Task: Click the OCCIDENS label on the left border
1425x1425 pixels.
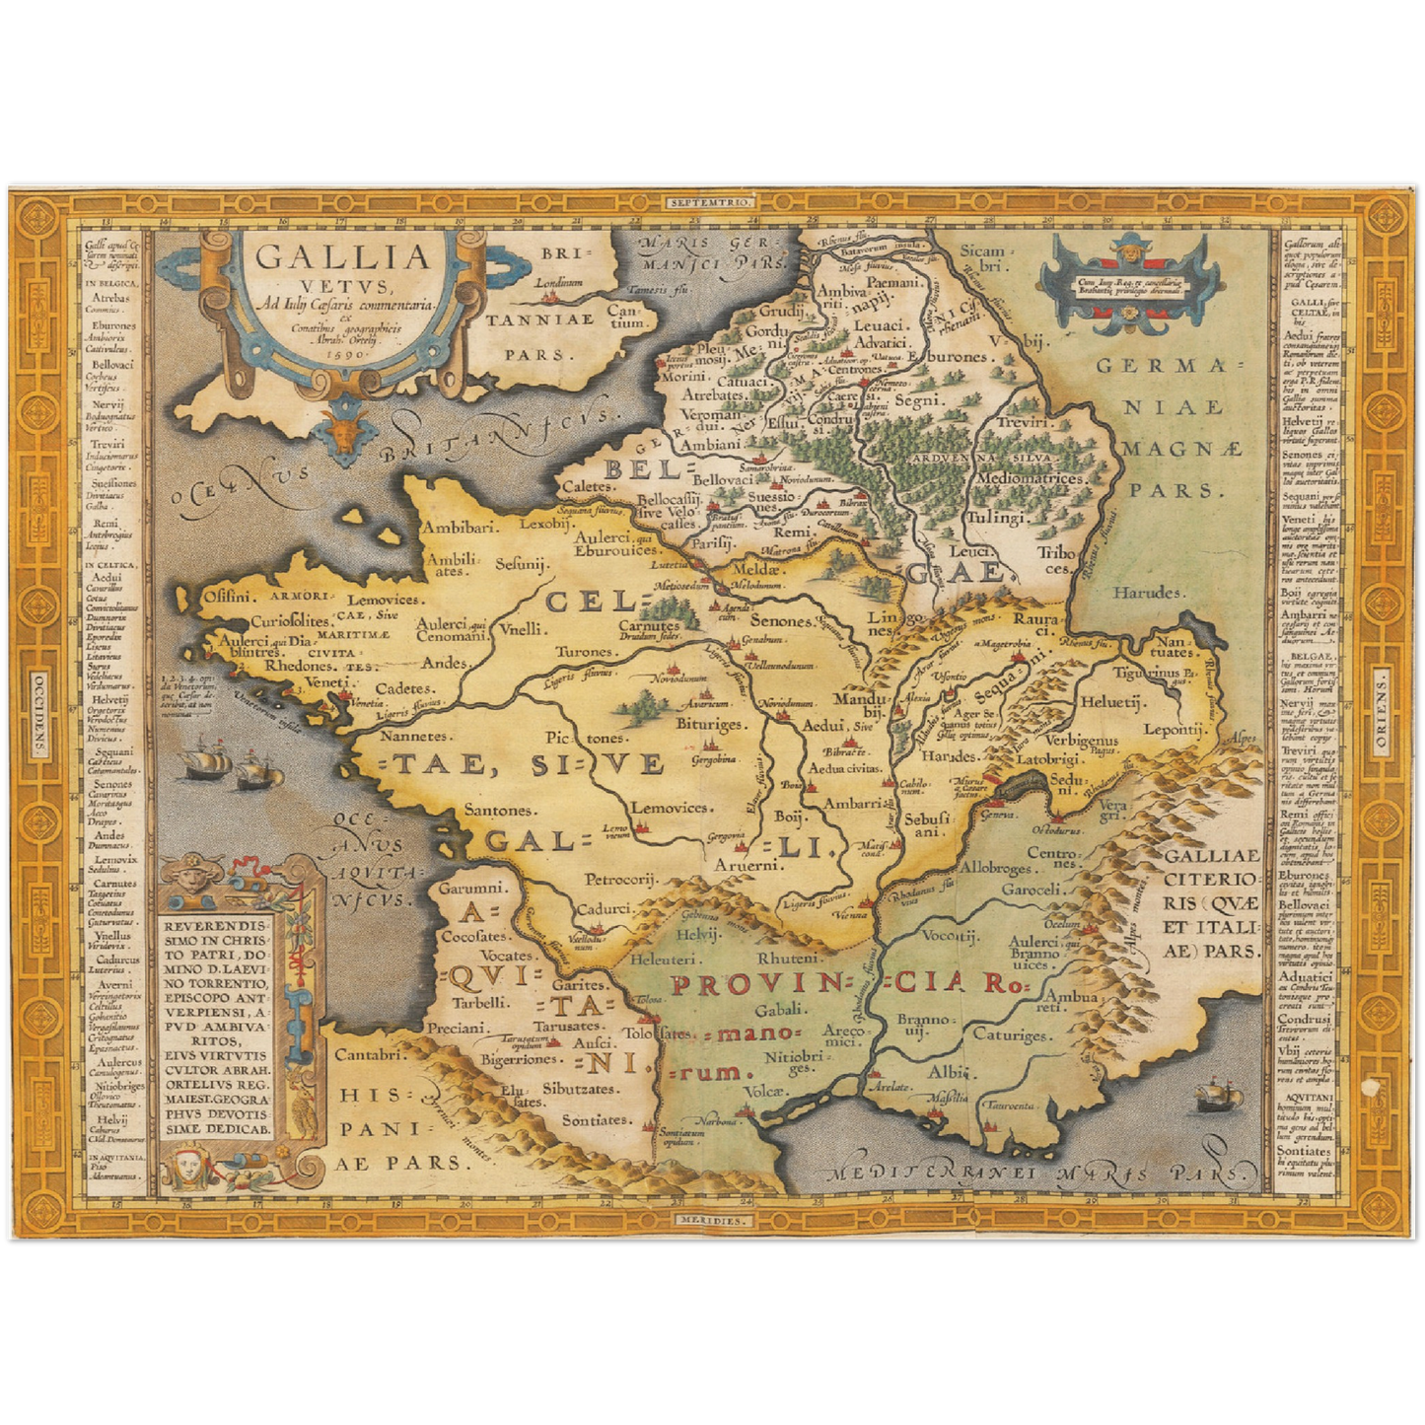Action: tap(39, 712)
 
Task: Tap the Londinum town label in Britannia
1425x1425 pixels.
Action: tap(558, 282)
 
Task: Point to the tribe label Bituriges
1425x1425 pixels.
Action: tap(708, 725)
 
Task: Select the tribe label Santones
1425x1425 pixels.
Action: tap(500, 810)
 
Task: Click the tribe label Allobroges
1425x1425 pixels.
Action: tap(996, 869)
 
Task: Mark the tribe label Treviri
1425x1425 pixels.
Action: tap(1025, 421)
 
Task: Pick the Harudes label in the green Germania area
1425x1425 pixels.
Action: tap(1147, 592)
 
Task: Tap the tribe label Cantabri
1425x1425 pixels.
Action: tap(370, 1054)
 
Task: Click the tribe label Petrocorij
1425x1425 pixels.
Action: tap(621, 878)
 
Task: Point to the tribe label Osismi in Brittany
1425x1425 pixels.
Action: tap(228, 596)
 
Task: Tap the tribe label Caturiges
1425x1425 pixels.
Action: tap(1011, 1034)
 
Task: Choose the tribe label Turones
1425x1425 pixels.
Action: tap(585, 652)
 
